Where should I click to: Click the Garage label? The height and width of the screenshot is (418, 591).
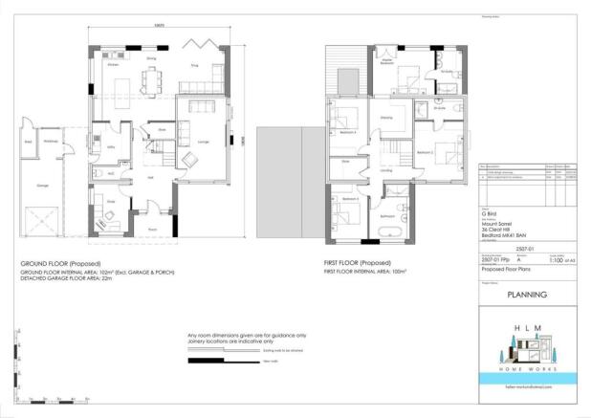pos(42,185)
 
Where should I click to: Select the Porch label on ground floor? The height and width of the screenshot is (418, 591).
pos(152,230)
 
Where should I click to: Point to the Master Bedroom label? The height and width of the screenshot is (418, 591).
pos(389,61)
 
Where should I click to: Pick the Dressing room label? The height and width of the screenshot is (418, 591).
pos(386,118)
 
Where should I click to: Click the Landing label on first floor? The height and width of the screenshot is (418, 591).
pos(384,171)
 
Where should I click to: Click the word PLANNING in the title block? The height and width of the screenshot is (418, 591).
pos(526,295)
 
